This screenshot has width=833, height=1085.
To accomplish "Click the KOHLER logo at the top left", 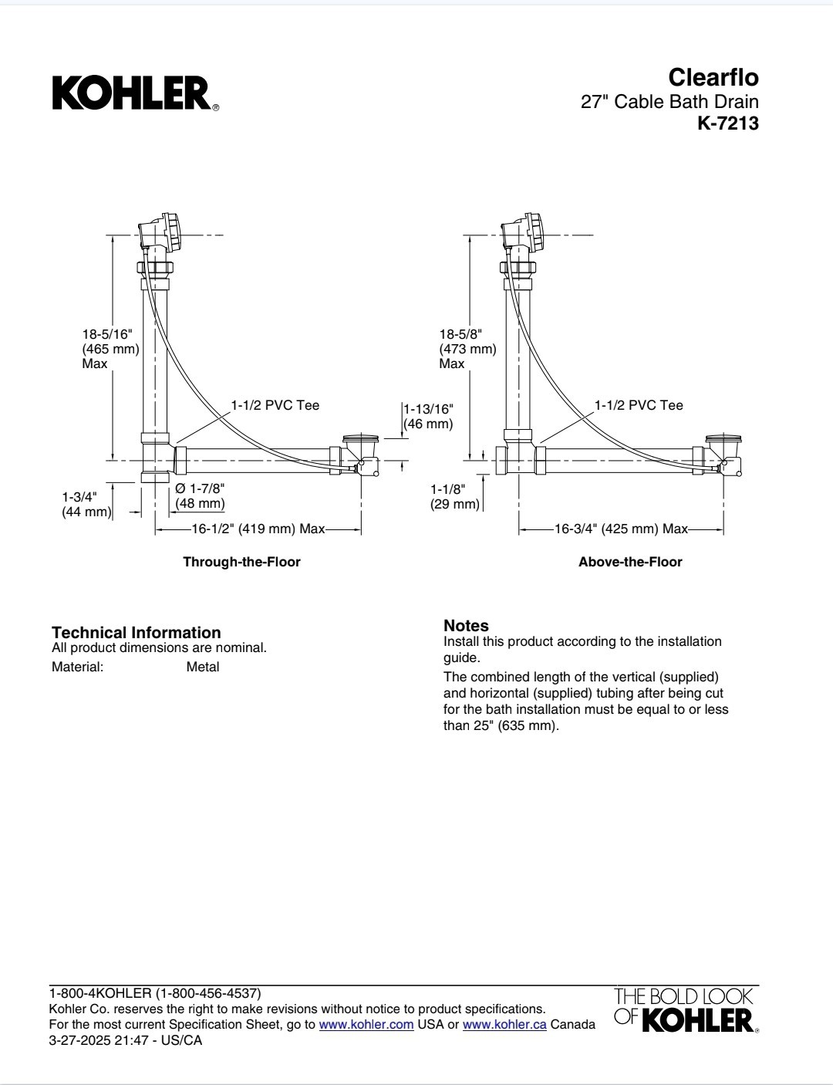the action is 136,93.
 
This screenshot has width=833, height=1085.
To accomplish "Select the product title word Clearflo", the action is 713,77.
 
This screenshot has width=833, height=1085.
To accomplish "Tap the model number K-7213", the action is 728,123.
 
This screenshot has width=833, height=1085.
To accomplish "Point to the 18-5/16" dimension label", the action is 107,334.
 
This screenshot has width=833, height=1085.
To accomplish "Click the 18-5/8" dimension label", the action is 460,334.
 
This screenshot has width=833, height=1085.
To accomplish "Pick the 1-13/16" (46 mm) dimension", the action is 428,417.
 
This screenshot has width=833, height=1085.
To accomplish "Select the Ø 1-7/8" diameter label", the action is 200,488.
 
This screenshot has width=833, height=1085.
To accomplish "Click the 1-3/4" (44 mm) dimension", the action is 86,505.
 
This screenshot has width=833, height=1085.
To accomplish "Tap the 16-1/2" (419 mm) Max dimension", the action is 258,529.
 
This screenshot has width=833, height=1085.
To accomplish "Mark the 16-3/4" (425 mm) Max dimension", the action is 621,529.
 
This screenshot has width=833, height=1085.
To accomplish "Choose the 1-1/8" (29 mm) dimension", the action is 455,496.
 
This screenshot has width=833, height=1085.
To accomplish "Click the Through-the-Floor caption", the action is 242,562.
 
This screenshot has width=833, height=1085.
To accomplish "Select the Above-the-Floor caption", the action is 630,562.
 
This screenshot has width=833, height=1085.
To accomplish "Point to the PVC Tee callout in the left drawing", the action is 275,405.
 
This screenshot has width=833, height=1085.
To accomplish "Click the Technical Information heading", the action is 137,632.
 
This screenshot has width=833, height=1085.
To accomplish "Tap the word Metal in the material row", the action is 203,667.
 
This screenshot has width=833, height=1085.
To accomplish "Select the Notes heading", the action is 466,625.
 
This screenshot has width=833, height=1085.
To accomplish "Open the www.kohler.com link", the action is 366,1025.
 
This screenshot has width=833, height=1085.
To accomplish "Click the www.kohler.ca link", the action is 504,1025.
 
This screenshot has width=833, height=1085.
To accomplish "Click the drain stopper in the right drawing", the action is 723,439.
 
